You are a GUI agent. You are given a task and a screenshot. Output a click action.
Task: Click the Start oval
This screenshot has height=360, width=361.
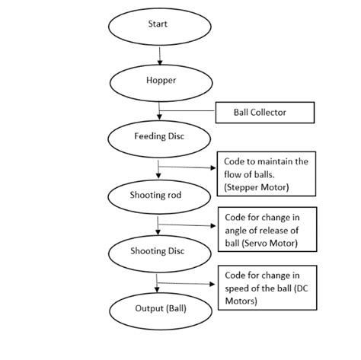(x=158, y=26)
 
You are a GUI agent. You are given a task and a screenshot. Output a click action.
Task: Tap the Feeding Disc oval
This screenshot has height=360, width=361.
(x=158, y=138)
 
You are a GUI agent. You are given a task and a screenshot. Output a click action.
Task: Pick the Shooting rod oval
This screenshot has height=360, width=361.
(x=158, y=196)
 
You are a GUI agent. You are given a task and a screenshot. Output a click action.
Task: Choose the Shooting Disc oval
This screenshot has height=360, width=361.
(x=158, y=252)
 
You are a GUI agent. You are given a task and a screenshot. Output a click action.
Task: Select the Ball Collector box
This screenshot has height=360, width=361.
(x=265, y=113)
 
